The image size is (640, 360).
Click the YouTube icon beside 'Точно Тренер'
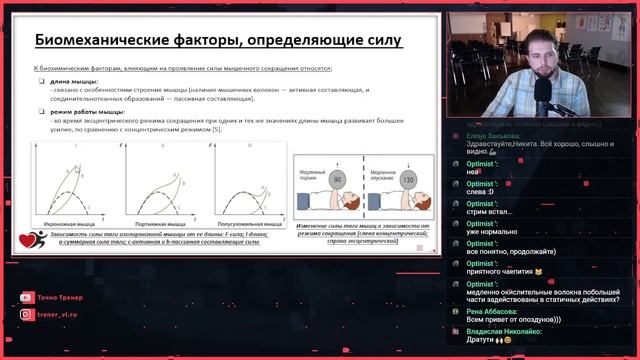coord(26,298)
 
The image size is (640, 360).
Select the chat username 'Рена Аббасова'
coord(489,310)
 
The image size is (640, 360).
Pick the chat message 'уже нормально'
coord(489,230)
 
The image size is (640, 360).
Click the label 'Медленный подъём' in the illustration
coord(312,176)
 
